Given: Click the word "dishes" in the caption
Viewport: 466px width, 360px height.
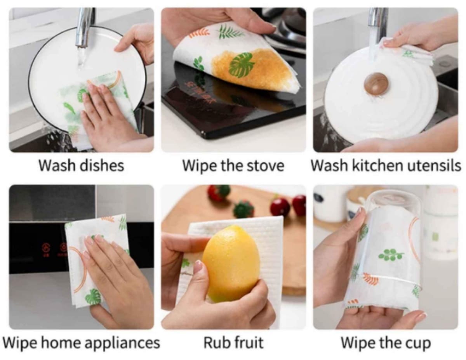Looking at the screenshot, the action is click(102, 165).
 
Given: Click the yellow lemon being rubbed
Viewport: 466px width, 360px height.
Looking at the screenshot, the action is click(231, 262).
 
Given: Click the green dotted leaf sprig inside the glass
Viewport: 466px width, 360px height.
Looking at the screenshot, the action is click(391, 254).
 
